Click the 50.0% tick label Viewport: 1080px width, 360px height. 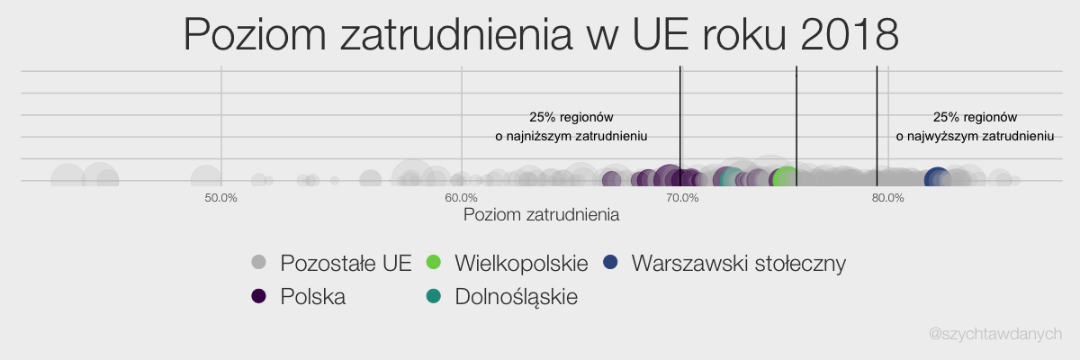(x=220, y=198)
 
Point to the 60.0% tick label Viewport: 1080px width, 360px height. (x=462, y=198)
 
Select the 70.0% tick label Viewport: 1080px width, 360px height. (x=682, y=198)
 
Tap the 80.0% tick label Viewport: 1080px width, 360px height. (x=888, y=198)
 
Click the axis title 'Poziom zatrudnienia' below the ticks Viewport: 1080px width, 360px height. (x=541, y=215)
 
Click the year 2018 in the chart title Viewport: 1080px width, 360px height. (x=850, y=34)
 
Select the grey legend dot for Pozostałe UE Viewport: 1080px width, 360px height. (x=259, y=262)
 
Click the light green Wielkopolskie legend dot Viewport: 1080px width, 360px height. (x=434, y=262)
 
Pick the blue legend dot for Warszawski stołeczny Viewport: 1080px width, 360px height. (x=610, y=262)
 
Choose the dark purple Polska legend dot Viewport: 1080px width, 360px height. (x=259, y=296)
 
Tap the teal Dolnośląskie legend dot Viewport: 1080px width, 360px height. (x=434, y=296)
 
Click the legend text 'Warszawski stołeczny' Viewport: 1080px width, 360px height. (x=739, y=264)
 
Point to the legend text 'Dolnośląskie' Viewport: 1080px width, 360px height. (x=516, y=297)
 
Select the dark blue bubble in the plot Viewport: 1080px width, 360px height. (x=937, y=179)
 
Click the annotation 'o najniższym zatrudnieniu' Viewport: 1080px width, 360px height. (x=571, y=137)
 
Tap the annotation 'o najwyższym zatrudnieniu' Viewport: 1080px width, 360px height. (x=975, y=137)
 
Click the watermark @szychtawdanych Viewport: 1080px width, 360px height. (x=995, y=334)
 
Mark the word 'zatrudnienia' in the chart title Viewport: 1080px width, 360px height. (x=456, y=34)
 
